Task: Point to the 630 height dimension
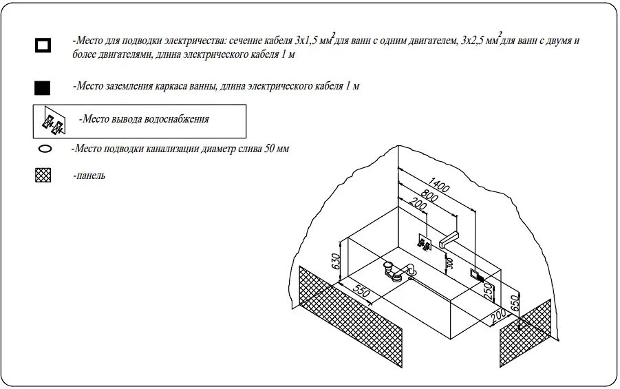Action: pyautogui.click(x=336, y=261)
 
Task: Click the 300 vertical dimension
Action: pyautogui.click(x=449, y=262)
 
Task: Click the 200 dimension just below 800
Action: pyautogui.click(x=417, y=204)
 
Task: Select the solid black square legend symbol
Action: pyautogui.click(x=43, y=87)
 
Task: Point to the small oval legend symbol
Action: pyautogui.click(x=45, y=149)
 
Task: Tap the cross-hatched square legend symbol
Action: pyautogui.click(x=43, y=176)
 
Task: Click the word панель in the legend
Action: pyautogui.click(x=90, y=176)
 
